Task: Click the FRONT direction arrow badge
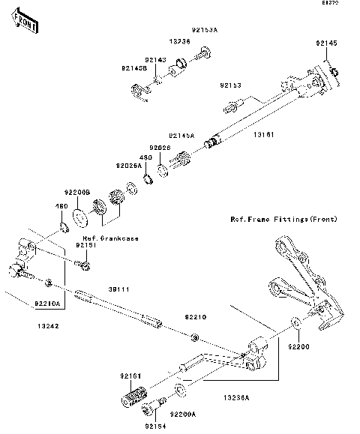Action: tap(25, 26)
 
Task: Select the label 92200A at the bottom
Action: tap(181, 414)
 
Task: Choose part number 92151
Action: tap(87, 245)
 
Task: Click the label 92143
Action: tap(155, 59)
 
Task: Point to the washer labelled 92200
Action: tap(297, 323)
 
